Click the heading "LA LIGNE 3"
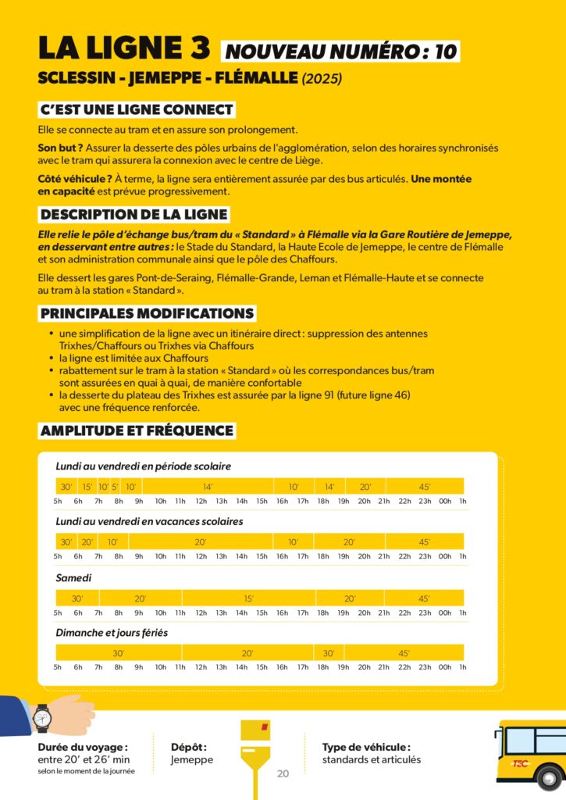124,48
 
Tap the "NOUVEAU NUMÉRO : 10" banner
341,52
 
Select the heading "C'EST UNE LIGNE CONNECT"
137,109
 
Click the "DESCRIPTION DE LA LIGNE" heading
133,214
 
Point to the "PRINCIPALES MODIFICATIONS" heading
148,313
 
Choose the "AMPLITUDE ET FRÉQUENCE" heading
137,430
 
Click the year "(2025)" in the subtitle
322,79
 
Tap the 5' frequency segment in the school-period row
114,487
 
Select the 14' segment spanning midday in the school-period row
208,487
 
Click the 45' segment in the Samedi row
424,598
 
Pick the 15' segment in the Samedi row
248,598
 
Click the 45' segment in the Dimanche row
404,653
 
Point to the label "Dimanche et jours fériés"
112,633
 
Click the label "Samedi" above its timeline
73,578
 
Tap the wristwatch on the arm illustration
42,716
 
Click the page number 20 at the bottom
283,773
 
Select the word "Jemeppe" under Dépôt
192,759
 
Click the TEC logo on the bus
521,763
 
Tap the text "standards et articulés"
372,759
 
